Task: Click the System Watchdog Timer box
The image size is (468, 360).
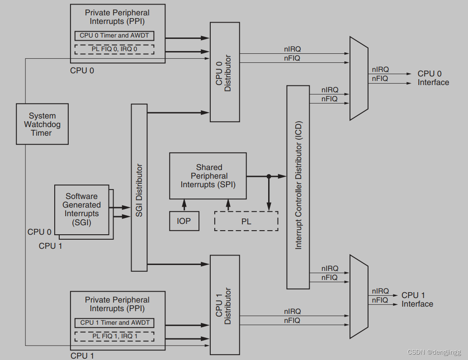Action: click(x=42, y=124)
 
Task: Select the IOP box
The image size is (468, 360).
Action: click(x=184, y=221)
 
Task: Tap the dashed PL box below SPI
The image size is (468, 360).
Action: click(x=246, y=221)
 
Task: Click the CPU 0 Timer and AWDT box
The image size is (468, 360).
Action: click(x=114, y=36)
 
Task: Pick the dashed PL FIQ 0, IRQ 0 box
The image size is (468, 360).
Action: click(x=114, y=49)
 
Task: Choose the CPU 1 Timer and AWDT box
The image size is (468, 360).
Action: click(x=114, y=323)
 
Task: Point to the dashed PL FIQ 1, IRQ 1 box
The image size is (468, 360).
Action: click(x=114, y=336)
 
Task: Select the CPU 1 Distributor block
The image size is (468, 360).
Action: click(x=225, y=305)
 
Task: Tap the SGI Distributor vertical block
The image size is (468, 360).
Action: click(x=139, y=188)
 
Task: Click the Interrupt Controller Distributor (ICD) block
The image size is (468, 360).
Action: click(x=298, y=187)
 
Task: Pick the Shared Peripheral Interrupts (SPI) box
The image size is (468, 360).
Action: click(x=208, y=176)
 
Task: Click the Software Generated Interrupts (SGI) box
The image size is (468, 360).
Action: click(x=81, y=209)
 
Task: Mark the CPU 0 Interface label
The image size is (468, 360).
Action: click(x=433, y=78)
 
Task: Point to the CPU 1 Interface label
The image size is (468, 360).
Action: click(x=417, y=299)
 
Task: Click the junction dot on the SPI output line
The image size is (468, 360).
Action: click(x=269, y=176)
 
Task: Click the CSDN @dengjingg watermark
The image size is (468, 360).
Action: click(x=434, y=352)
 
